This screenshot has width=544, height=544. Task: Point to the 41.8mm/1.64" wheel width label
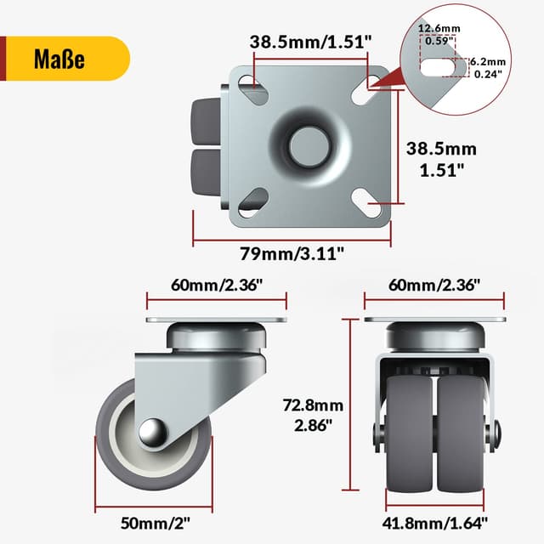pos(435,522)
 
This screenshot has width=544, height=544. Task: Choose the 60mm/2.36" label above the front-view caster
pos(435,285)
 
